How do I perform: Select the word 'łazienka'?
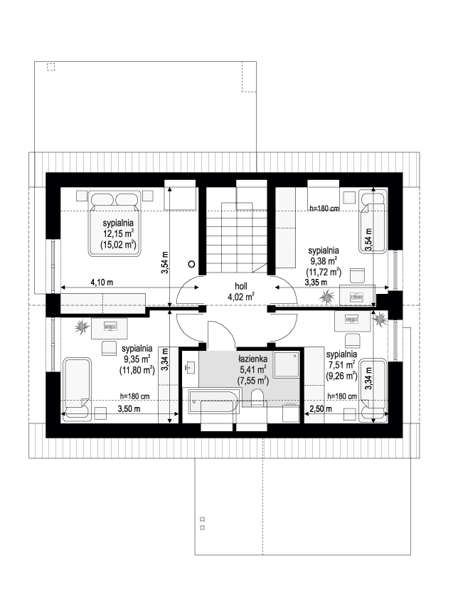coord(251,359)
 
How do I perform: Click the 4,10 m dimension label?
coord(102,283)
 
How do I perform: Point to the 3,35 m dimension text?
coord(316,283)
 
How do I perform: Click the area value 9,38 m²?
coord(323,261)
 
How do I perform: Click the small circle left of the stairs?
coord(191,263)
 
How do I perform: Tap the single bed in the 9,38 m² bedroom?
coord(373,222)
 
